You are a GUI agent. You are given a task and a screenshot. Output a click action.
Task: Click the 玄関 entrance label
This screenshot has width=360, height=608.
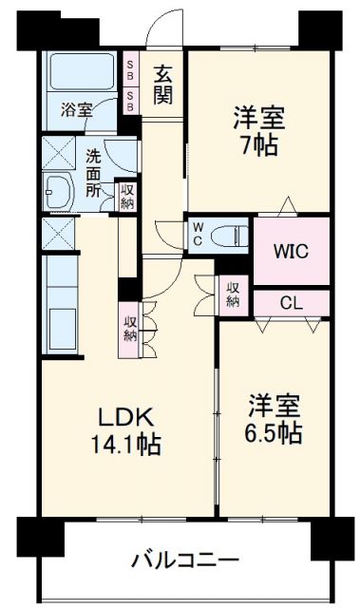162,85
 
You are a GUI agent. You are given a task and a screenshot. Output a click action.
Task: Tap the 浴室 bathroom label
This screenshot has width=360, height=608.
76,110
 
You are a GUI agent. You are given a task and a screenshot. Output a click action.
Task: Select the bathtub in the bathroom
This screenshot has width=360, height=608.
82,72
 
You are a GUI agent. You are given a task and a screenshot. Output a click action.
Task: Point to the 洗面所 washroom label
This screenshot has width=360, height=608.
93,173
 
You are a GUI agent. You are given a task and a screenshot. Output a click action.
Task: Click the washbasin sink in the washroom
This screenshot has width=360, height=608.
59,192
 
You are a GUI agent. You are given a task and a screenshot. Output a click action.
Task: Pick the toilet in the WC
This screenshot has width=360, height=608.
230,236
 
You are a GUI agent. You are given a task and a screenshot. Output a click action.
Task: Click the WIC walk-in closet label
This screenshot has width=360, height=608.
291,251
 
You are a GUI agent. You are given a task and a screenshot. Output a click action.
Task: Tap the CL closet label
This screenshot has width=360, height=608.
291,303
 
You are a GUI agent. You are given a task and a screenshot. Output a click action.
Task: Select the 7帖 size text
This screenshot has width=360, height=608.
259,146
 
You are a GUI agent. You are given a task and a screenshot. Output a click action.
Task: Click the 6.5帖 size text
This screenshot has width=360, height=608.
274,433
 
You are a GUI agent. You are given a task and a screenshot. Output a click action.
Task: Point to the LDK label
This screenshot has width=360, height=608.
126,417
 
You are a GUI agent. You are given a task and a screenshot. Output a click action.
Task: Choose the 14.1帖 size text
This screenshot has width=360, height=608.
126,445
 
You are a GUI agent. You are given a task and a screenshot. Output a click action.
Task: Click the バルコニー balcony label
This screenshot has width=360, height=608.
184,560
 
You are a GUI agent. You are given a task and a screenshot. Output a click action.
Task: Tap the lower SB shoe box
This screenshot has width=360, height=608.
130,102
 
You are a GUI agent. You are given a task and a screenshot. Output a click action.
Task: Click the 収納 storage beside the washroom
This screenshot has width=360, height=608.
126,197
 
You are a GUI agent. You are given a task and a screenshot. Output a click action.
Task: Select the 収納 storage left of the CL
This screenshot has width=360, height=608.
233,294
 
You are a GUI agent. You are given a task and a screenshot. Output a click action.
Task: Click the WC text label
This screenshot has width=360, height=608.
198,235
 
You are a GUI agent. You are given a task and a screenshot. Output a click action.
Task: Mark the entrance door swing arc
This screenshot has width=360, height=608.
154,23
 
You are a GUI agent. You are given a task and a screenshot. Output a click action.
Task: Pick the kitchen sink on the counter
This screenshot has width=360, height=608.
59,330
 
